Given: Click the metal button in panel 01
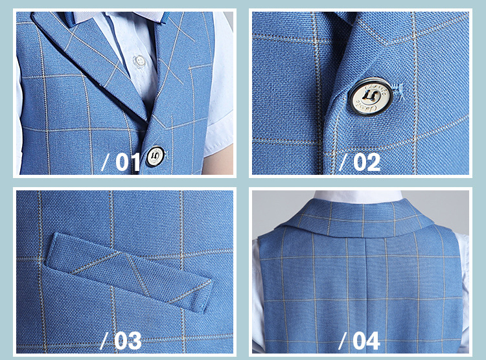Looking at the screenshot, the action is (x=155, y=156).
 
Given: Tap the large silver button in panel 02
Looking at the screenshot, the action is (x=371, y=96).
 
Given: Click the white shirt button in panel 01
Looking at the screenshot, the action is (x=139, y=61).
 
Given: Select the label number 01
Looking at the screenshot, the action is (x=128, y=161).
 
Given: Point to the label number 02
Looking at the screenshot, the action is (x=367, y=162).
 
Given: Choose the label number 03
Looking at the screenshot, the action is (x=128, y=341).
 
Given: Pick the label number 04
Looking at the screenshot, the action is (x=366, y=341).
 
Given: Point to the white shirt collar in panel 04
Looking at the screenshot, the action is (x=358, y=196).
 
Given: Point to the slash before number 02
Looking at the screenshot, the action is (x=343, y=162).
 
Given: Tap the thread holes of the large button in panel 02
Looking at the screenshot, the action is (x=369, y=96).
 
